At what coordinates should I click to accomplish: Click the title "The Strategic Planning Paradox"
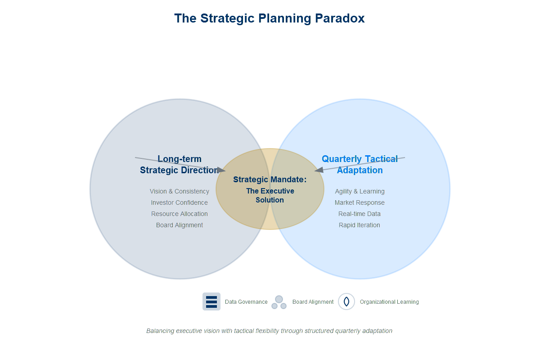coord(269,18)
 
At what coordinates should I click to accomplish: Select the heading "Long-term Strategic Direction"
coord(179,165)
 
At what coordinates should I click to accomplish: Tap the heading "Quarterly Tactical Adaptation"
coord(360,165)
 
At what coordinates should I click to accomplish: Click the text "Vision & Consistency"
coord(180,191)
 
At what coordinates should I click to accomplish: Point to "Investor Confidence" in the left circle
coord(180,202)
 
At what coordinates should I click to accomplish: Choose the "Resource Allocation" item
coord(180,214)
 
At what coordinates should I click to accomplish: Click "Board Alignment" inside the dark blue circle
coord(180,225)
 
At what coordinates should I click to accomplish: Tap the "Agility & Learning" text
coord(360,191)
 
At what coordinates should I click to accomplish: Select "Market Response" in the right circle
coord(360,202)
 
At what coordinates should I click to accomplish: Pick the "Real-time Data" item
coord(360,214)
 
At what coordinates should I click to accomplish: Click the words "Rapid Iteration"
coord(360,225)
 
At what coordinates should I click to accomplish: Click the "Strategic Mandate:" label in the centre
coord(270,180)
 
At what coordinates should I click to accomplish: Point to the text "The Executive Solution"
coord(270,195)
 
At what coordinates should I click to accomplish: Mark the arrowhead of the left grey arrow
coord(223,171)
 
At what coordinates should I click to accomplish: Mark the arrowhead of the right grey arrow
coord(317,171)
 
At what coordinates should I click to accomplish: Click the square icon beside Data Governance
coord(211,301)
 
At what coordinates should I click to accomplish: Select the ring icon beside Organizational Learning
coord(346,301)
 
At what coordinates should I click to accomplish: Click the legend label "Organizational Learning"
coord(389,302)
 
